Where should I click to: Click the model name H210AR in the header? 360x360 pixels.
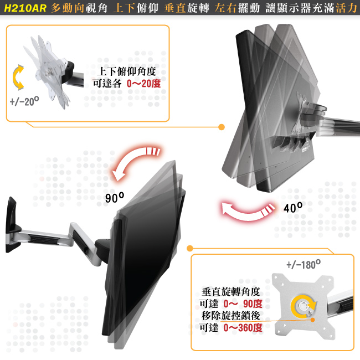pyautogui.click(x=25, y=8)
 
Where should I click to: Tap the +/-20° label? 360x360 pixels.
pyautogui.click(x=24, y=101)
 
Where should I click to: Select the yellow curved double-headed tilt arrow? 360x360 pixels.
pyautogui.click(x=18, y=77)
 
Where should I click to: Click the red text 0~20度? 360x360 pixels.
pyautogui.click(x=144, y=83)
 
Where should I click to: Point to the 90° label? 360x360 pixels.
pyautogui.click(x=115, y=198)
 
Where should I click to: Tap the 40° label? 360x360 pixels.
pyautogui.click(x=293, y=208)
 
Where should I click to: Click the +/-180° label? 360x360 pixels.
pyautogui.click(x=304, y=265)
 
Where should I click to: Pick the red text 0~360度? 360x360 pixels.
pyautogui.click(x=243, y=327)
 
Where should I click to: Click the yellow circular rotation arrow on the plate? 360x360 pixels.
pyautogui.click(x=302, y=306)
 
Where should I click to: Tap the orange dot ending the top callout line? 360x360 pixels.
pyautogui.click(x=222, y=127)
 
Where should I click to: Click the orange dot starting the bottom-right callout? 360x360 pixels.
pyautogui.click(x=190, y=248)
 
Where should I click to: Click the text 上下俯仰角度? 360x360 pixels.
pyautogui.click(x=127, y=71)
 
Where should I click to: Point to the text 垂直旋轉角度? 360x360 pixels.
pyautogui.click(x=231, y=292)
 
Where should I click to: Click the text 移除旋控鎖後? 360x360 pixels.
pyautogui.click(x=231, y=316)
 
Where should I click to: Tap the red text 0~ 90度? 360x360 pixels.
pyautogui.click(x=243, y=304)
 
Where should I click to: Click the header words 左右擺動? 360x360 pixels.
pyautogui.click(x=238, y=8)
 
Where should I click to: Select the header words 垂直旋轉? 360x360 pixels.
pyautogui.click(x=187, y=8)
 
